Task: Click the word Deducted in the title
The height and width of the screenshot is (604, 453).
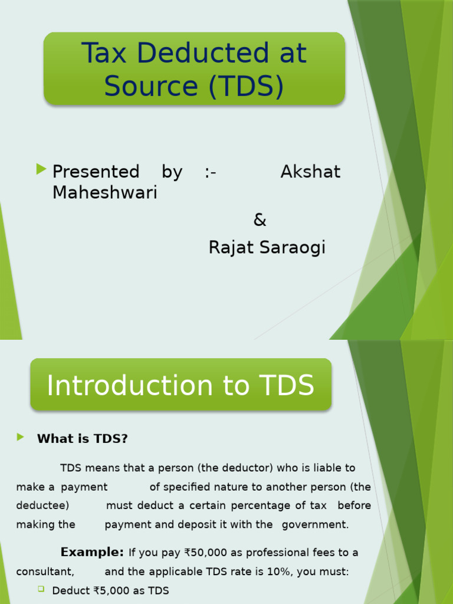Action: click(196, 54)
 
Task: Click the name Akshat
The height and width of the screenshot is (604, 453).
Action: click(310, 172)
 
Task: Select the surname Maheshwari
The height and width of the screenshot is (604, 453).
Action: click(104, 192)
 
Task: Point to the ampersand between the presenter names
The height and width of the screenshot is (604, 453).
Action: click(260, 221)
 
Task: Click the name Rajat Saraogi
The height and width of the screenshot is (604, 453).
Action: click(267, 248)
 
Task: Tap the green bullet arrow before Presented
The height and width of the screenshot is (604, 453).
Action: click(41, 170)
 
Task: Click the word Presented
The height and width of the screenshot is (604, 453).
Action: click(96, 172)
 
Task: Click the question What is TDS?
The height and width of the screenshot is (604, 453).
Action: click(83, 439)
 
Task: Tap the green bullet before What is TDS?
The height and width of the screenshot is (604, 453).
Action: click(21, 437)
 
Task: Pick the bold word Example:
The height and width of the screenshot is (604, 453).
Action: click(92, 553)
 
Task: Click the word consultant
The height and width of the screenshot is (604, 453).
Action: click(45, 572)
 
